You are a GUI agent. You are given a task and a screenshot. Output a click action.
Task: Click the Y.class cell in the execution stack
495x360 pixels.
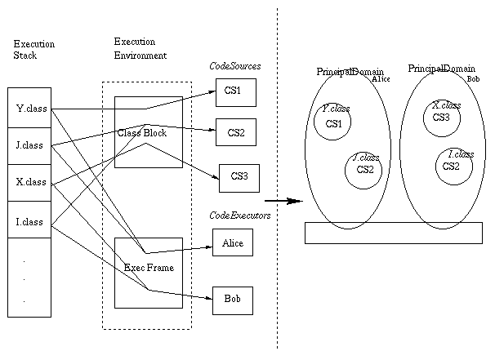31,108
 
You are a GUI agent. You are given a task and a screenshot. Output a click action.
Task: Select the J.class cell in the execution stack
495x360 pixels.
31,146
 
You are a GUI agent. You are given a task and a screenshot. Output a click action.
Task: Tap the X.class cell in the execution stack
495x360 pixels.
31,182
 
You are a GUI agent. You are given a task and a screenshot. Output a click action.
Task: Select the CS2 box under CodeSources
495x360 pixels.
235,132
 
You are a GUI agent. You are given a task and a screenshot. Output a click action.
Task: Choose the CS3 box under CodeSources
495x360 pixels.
239,175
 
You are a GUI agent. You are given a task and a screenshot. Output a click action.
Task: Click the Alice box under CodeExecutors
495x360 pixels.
233,242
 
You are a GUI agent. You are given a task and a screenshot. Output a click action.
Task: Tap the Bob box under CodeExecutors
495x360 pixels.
233,300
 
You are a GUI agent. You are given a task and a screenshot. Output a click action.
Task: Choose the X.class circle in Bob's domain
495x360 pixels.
442,116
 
